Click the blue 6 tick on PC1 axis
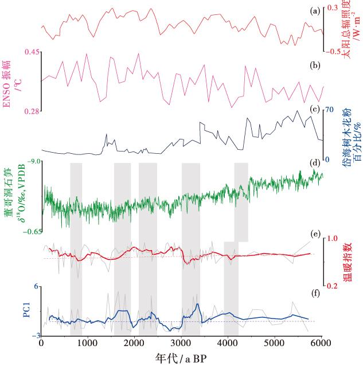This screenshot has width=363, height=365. coord(36,286)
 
